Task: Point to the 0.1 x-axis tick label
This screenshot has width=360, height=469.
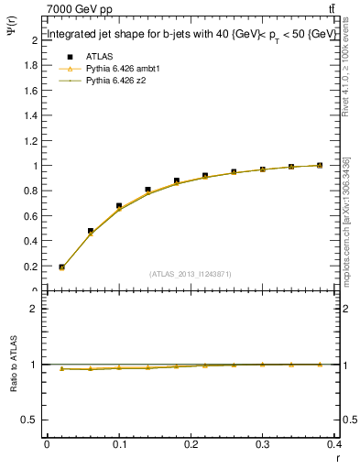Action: [119, 446]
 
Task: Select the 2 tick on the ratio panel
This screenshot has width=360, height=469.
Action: [35, 309]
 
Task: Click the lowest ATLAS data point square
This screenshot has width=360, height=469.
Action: [61, 267]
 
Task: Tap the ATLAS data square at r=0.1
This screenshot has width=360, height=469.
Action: [119, 206]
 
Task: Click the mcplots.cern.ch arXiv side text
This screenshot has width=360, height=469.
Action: [345, 220]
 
